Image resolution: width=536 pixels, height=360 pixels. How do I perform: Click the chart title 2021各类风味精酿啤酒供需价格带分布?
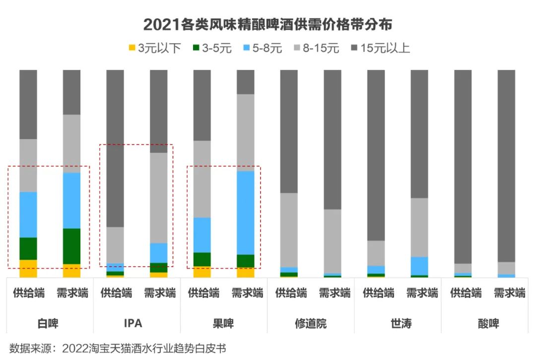tap(268, 24)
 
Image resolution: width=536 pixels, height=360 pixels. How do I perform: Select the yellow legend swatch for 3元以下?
tap(132, 48)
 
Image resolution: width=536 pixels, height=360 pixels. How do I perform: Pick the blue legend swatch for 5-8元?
tap(246, 48)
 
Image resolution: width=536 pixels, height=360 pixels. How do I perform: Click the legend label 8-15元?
tap(321, 48)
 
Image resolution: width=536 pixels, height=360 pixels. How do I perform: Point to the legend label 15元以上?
tap(385, 48)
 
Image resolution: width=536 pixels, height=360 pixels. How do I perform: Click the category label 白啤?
tap(48, 324)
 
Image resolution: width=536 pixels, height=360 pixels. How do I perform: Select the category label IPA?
tap(133, 324)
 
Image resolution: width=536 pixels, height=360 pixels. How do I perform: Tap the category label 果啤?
tap(223, 324)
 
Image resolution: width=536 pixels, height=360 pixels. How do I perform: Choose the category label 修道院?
tap(311, 324)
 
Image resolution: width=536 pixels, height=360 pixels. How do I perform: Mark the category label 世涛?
tap(398, 324)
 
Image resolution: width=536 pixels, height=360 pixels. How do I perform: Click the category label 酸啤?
tap(485, 324)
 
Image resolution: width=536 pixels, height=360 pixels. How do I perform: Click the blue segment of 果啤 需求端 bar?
tap(246, 213)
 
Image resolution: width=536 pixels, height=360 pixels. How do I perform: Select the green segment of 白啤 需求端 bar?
tap(71, 246)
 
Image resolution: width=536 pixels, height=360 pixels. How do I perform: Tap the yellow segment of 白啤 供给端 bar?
tap(28, 268)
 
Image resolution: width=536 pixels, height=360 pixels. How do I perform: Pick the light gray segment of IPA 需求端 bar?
tap(159, 198)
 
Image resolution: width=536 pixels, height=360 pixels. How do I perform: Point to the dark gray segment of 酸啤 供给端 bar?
tap(463, 166)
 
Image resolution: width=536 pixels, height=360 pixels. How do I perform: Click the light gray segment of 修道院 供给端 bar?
tap(289, 229)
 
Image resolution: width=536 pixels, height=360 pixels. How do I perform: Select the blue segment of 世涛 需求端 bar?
tap(419, 266)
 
